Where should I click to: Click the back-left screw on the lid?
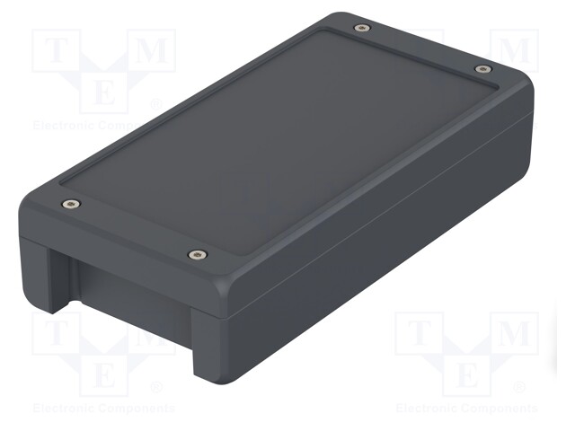coord(361,28)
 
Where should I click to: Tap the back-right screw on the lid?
coord(482,68)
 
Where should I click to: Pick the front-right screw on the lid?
coord(195,255)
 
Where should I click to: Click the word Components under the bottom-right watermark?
coord(500,409)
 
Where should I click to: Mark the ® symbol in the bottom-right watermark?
coord(518,388)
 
